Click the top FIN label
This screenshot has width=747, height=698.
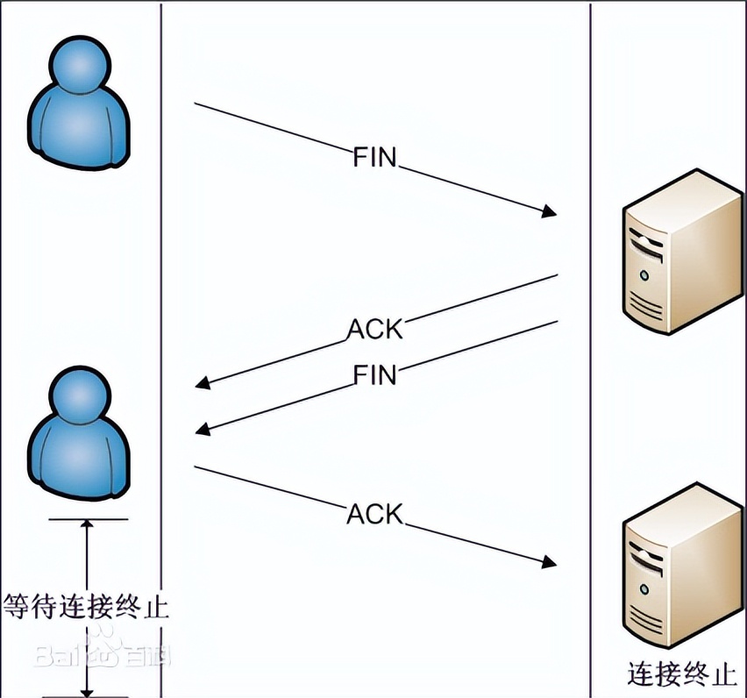click(374, 158)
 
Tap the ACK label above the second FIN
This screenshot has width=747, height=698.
click(375, 330)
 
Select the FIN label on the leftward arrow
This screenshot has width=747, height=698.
click(375, 375)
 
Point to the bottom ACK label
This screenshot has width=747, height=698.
click(374, 513)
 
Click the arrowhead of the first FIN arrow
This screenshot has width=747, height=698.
click(550, 211)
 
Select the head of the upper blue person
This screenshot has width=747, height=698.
click(81, 67)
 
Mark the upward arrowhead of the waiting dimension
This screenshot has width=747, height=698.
click(87, 526)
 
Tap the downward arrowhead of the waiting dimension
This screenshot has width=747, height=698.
click(87, 688)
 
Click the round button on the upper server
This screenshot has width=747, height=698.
click(644, 274)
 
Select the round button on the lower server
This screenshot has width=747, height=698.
click(644, 590)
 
